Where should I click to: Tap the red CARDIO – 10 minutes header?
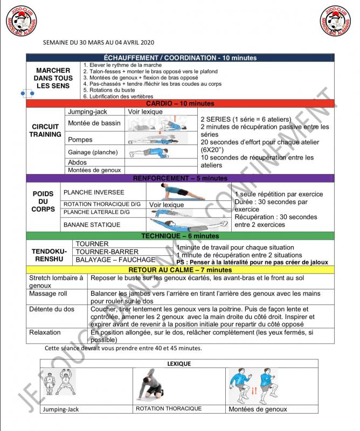[180, 103]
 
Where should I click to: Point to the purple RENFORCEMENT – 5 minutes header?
[180, 178]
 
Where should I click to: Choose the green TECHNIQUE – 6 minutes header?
[180, 236]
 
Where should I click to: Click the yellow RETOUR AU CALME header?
[180, 269]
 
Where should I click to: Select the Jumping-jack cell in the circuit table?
[88, 112]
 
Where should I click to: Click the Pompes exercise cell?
[81, 140]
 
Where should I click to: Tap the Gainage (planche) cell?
[93, 152]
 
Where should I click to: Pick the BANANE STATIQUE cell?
[85, 224]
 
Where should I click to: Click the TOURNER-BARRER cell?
[99, 252]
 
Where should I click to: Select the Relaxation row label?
[45, 333]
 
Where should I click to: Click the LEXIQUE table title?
[179, 364]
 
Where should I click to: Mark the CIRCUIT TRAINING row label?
[45, 130]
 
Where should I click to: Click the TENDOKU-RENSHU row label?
[49, 255]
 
